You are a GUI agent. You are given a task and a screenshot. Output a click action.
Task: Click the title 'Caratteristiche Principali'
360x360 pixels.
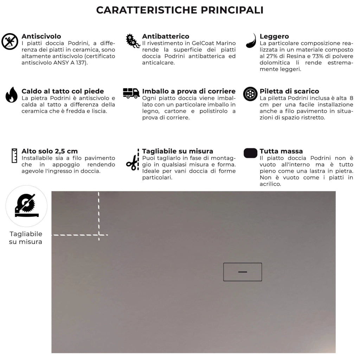(x=180, y=10)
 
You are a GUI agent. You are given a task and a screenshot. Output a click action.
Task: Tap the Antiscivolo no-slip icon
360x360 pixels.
(x=10, y=41)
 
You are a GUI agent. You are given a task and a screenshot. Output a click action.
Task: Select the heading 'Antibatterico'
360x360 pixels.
(x=166, y=36)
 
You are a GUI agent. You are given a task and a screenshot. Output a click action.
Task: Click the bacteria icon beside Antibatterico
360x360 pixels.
(x=133, y=41)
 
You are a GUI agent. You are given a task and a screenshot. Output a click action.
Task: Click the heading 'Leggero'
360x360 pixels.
(x=274, y=36)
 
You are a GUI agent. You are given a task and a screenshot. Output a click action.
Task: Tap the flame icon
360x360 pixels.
(x=11, y=95)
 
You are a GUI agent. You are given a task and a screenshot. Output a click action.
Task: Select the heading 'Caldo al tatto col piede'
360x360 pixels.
(x=63, y=91)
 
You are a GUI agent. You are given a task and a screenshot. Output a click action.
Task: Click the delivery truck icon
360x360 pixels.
(x=131, y=93)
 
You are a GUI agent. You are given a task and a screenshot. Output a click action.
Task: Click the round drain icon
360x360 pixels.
(x=250, y=94)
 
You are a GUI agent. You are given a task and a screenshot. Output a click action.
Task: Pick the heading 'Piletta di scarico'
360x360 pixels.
(x=289, y=91)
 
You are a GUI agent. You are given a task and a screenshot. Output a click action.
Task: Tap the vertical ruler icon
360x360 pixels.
(x=14, y=155)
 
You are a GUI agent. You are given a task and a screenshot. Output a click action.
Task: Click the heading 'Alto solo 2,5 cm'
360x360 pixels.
(x=50, y=151)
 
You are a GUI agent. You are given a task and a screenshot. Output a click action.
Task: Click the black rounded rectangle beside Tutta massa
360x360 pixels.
(x=250, y=153)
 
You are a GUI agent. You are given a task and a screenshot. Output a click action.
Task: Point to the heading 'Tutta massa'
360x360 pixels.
(x=281, y=151)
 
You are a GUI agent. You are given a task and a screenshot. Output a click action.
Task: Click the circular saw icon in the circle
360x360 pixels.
(x=26, y=206)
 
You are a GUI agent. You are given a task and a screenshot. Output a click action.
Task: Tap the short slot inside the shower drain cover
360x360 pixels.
(x=243, y=272)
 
